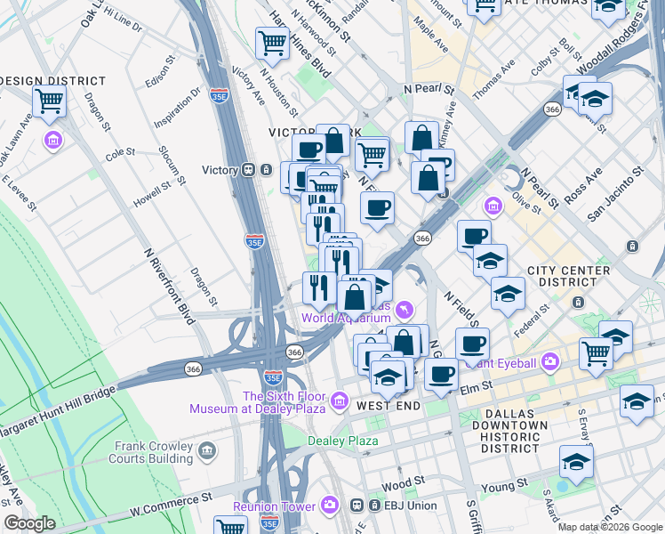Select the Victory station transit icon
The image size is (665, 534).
[251, 170]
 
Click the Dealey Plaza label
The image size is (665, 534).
[342, 441]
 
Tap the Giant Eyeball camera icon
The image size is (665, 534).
[549, 362]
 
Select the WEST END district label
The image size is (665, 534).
[388, 406]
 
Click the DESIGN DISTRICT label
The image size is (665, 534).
[53, 81]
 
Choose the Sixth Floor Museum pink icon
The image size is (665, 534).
[338, 402]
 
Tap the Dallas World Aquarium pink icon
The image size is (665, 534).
[405, 309]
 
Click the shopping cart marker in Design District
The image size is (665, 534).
[49, 101]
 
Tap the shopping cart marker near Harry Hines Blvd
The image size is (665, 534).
[272, 42]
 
